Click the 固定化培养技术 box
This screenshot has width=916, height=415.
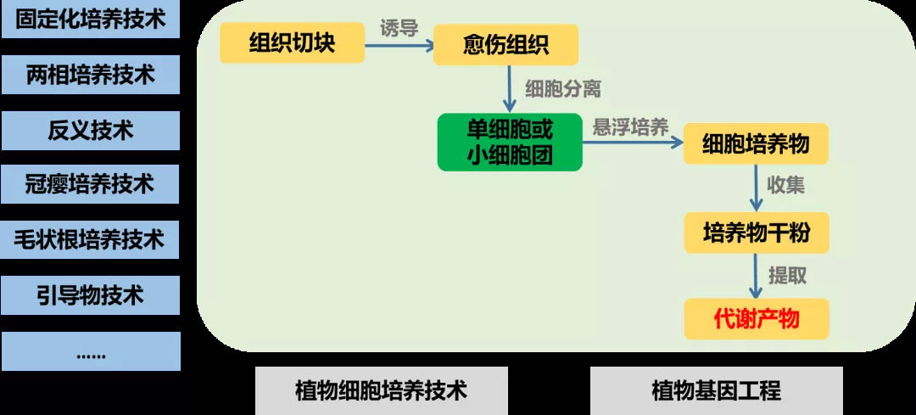[90, 19]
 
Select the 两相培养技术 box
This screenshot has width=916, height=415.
[90, 75]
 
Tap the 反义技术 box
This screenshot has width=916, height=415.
[90, 130]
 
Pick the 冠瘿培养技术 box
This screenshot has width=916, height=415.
[90, 184]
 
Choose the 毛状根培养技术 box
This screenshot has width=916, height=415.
[90, 239]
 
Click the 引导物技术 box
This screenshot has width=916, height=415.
[90, 294]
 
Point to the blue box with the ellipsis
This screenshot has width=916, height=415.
[90, 351]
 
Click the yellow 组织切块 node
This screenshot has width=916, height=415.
[292, 43]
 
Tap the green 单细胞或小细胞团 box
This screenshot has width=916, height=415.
[510, 142]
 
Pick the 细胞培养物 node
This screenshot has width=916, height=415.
[755, 144]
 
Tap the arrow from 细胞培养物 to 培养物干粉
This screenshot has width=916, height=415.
[756, 188]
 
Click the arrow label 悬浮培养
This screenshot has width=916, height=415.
[631, 127]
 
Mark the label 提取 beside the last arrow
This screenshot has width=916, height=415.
[787, 276]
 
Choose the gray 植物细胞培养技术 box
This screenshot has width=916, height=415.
[382, 390]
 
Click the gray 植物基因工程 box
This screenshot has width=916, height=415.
[716, 390]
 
